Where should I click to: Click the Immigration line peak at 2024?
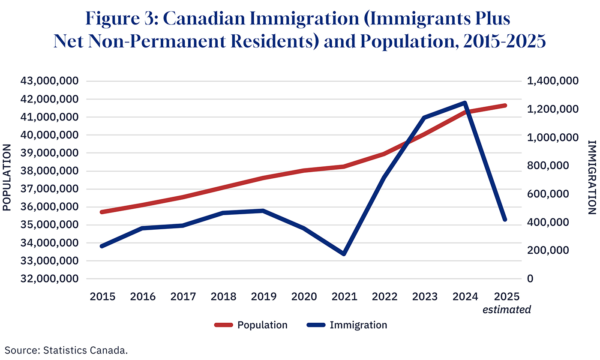(x=464, y=103)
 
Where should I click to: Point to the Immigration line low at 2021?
(x=344, y=254)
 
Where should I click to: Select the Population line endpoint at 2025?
(x=505, y=105)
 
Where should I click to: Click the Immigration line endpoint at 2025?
(x=505, y=231)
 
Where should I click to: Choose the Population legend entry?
(x=251, y=325)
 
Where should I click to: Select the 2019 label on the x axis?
(x=264, y=297)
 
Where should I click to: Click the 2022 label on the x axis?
(x=384, y=297)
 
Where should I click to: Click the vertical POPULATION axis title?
(x=7, y=177)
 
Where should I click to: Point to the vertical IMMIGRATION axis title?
(x=592, y=177)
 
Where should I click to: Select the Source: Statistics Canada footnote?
(x=66, y=350)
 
